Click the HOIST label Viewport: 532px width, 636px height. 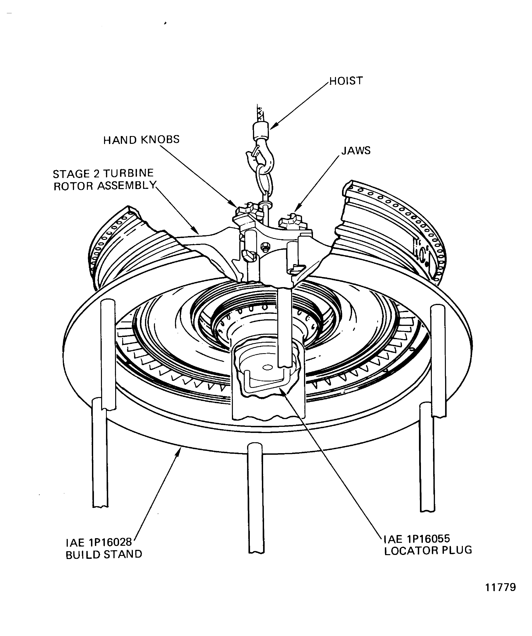[346, 81]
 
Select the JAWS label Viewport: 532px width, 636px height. [356, 150]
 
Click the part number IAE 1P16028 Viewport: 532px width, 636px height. [99, 542]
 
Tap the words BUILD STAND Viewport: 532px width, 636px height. [104, 555]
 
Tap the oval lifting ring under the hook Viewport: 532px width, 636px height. [265, 182]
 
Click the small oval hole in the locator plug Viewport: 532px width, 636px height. [267, 367]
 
